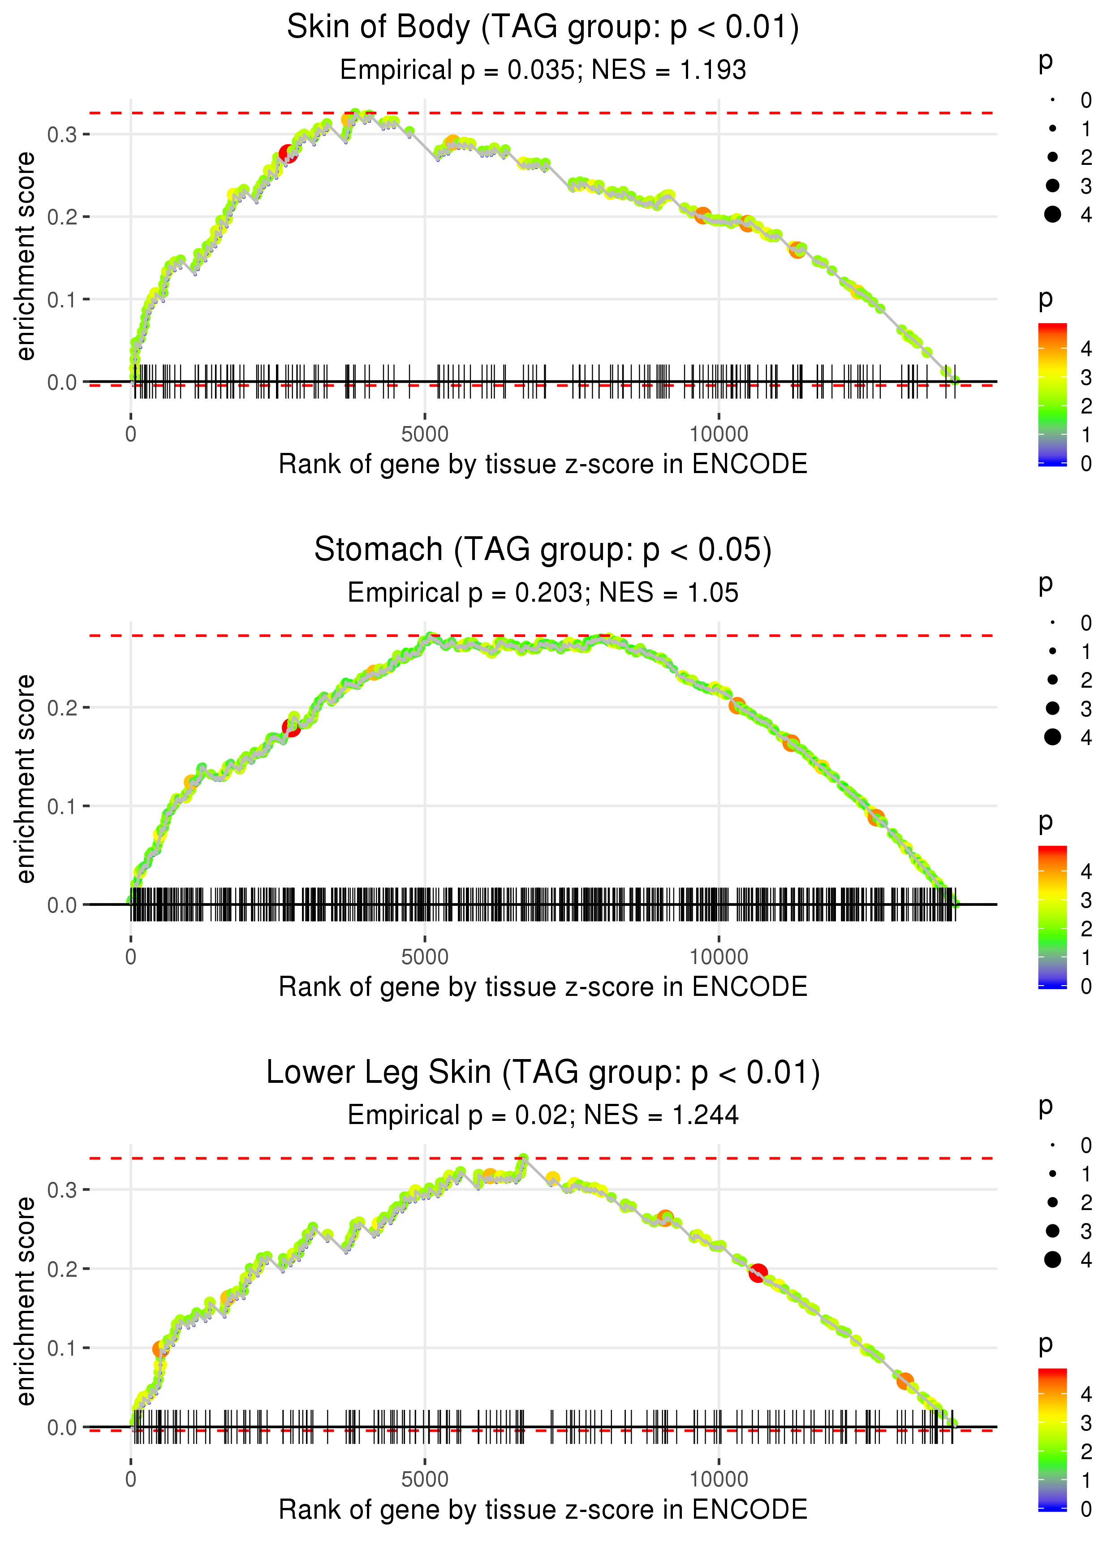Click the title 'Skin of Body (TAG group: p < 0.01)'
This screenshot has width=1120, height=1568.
point(543,28)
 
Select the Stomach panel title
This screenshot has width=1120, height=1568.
point(543,550)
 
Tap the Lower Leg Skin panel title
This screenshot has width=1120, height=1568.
point(543,1073)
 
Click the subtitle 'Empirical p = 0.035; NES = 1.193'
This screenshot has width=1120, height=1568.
point(543,70)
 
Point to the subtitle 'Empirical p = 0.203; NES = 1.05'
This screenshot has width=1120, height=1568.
point(543,593)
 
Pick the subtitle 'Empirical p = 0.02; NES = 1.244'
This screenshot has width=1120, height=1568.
point(543,1116)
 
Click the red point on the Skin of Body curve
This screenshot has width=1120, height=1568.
point(288,154)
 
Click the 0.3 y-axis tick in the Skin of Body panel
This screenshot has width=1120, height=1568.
point(61,134)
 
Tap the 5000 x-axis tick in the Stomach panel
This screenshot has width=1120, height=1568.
point(425,957)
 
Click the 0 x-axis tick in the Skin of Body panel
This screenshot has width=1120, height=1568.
point(131,435)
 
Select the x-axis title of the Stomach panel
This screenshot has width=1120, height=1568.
point(543,987)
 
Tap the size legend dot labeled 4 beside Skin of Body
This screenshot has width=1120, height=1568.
point(1052,215)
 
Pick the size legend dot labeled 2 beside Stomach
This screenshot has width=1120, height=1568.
point(1052,680)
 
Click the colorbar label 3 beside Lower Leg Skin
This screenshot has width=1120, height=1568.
point(1086,1422)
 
